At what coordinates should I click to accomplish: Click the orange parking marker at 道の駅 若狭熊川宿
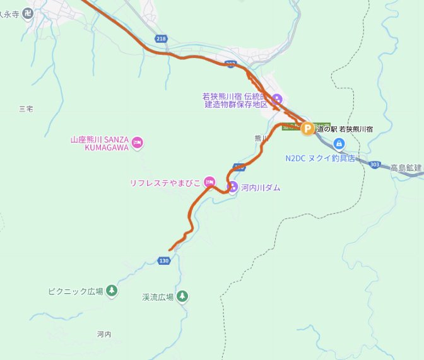point(307,129)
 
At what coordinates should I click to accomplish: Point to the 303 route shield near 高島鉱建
point(375,164)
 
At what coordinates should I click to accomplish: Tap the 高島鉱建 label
point(406,167)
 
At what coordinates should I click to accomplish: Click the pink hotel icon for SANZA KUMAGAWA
point(138,144)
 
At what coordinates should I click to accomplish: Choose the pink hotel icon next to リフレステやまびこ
point(209,183)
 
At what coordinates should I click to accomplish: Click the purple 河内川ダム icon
point(232,187)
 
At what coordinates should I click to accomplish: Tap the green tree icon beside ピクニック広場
point(112,291)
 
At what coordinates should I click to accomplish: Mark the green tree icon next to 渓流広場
point(182,295)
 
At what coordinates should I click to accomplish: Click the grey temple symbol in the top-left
point(27,13)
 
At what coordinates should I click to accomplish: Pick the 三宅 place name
point(26,109)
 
